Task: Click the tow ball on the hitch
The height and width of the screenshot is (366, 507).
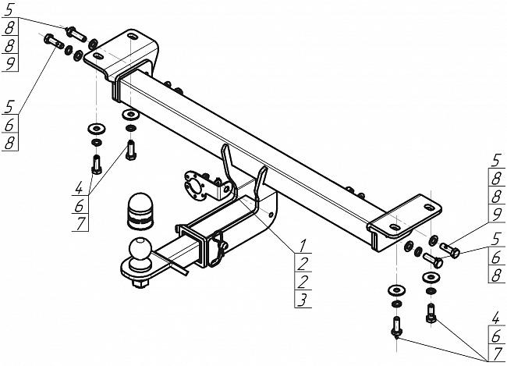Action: (140, 250)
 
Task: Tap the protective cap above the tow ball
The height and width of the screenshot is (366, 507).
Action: (140, 211)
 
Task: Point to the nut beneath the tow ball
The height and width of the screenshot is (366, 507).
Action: (140, 284)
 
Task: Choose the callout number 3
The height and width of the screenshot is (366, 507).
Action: (302, 300)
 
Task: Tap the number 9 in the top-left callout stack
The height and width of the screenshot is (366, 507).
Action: (10, 63)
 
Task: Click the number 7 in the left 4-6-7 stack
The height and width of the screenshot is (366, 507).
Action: (80, 223)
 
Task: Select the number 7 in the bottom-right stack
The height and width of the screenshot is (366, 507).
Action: (497, 354)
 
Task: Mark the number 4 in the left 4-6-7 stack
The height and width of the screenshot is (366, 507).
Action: (79, 187)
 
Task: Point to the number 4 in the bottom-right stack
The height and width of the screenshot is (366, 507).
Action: (495, 318)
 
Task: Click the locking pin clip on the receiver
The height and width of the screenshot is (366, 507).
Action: (218, 249)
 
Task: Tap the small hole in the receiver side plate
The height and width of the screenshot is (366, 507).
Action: (271, 215)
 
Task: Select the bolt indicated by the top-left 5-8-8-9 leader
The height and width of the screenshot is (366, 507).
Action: (76, 34)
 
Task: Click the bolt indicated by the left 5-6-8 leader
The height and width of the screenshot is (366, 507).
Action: (54, 41)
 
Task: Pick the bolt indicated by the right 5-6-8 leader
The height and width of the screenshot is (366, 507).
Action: (433, 260)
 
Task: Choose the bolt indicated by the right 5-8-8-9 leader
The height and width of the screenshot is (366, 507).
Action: (450, 251)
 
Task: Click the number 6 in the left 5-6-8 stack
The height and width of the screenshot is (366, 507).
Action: (9, 125)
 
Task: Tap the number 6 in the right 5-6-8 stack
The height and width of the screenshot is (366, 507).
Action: (496, 258)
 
